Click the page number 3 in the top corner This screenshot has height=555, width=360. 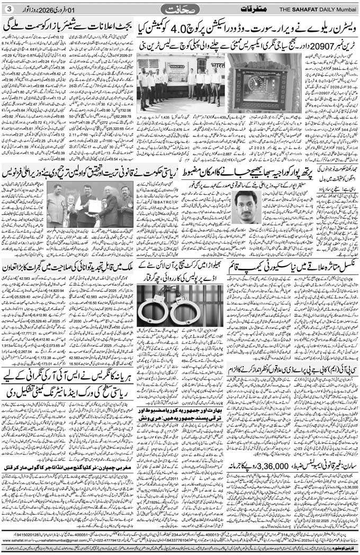coord(8,10)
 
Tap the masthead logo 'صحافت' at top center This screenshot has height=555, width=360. coord(179,9)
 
